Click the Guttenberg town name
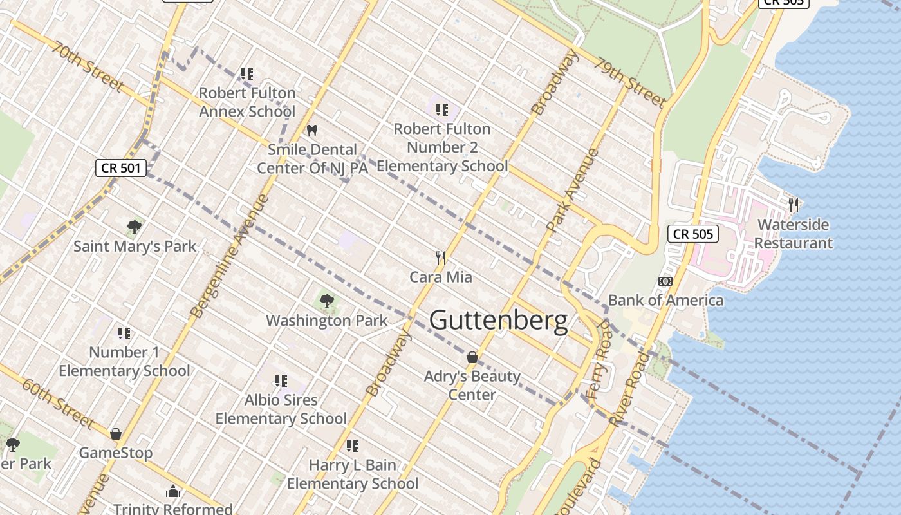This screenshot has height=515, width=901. pyautogui.click(x=498, y=320)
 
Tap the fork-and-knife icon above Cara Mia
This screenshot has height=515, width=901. pyautogui.click(x=441, y=258)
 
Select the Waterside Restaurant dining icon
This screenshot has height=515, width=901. pyautogui.click(x=794, y=205)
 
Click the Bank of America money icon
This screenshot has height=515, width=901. pyautogui.click(x=665, y=281)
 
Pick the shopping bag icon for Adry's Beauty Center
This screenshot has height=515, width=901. pyautogui.click(x=472, y=357)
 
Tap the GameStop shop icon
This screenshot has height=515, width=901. pyautogui.click(x=116, y=434)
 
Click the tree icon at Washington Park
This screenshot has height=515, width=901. pyautogui.click(x=327, y=301)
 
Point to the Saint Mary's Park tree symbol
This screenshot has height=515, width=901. pyautogui.click(x=135, y=227)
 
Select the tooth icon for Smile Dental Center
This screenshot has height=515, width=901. pyautogui.click(x=312, y=130)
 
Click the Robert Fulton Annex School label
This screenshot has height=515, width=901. pyautogui.click(x=247, y=102)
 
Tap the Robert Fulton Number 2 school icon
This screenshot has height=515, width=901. pyautogui.click(x=441, y=110)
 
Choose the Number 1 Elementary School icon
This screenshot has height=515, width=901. pyautogui.click(x=124, y=333)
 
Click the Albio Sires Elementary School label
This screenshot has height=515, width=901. pyautogui.click(x=281, y=409)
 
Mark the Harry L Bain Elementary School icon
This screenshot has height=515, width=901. pyautogui.click(x=352, y=445)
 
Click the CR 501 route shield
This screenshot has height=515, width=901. pyautogui.click(x=121, y=168)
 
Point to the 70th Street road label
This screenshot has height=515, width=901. pyautogui.click(x=88, y=67)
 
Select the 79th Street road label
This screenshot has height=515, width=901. pyautogui.click(x=629, y=82)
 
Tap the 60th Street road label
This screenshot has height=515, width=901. pyautogui.click(x=59, y=403)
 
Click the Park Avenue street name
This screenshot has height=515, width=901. pyautogui.click(x=573, y=190)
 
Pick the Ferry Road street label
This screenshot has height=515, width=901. pyautogui.click(x=599, y=360)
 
